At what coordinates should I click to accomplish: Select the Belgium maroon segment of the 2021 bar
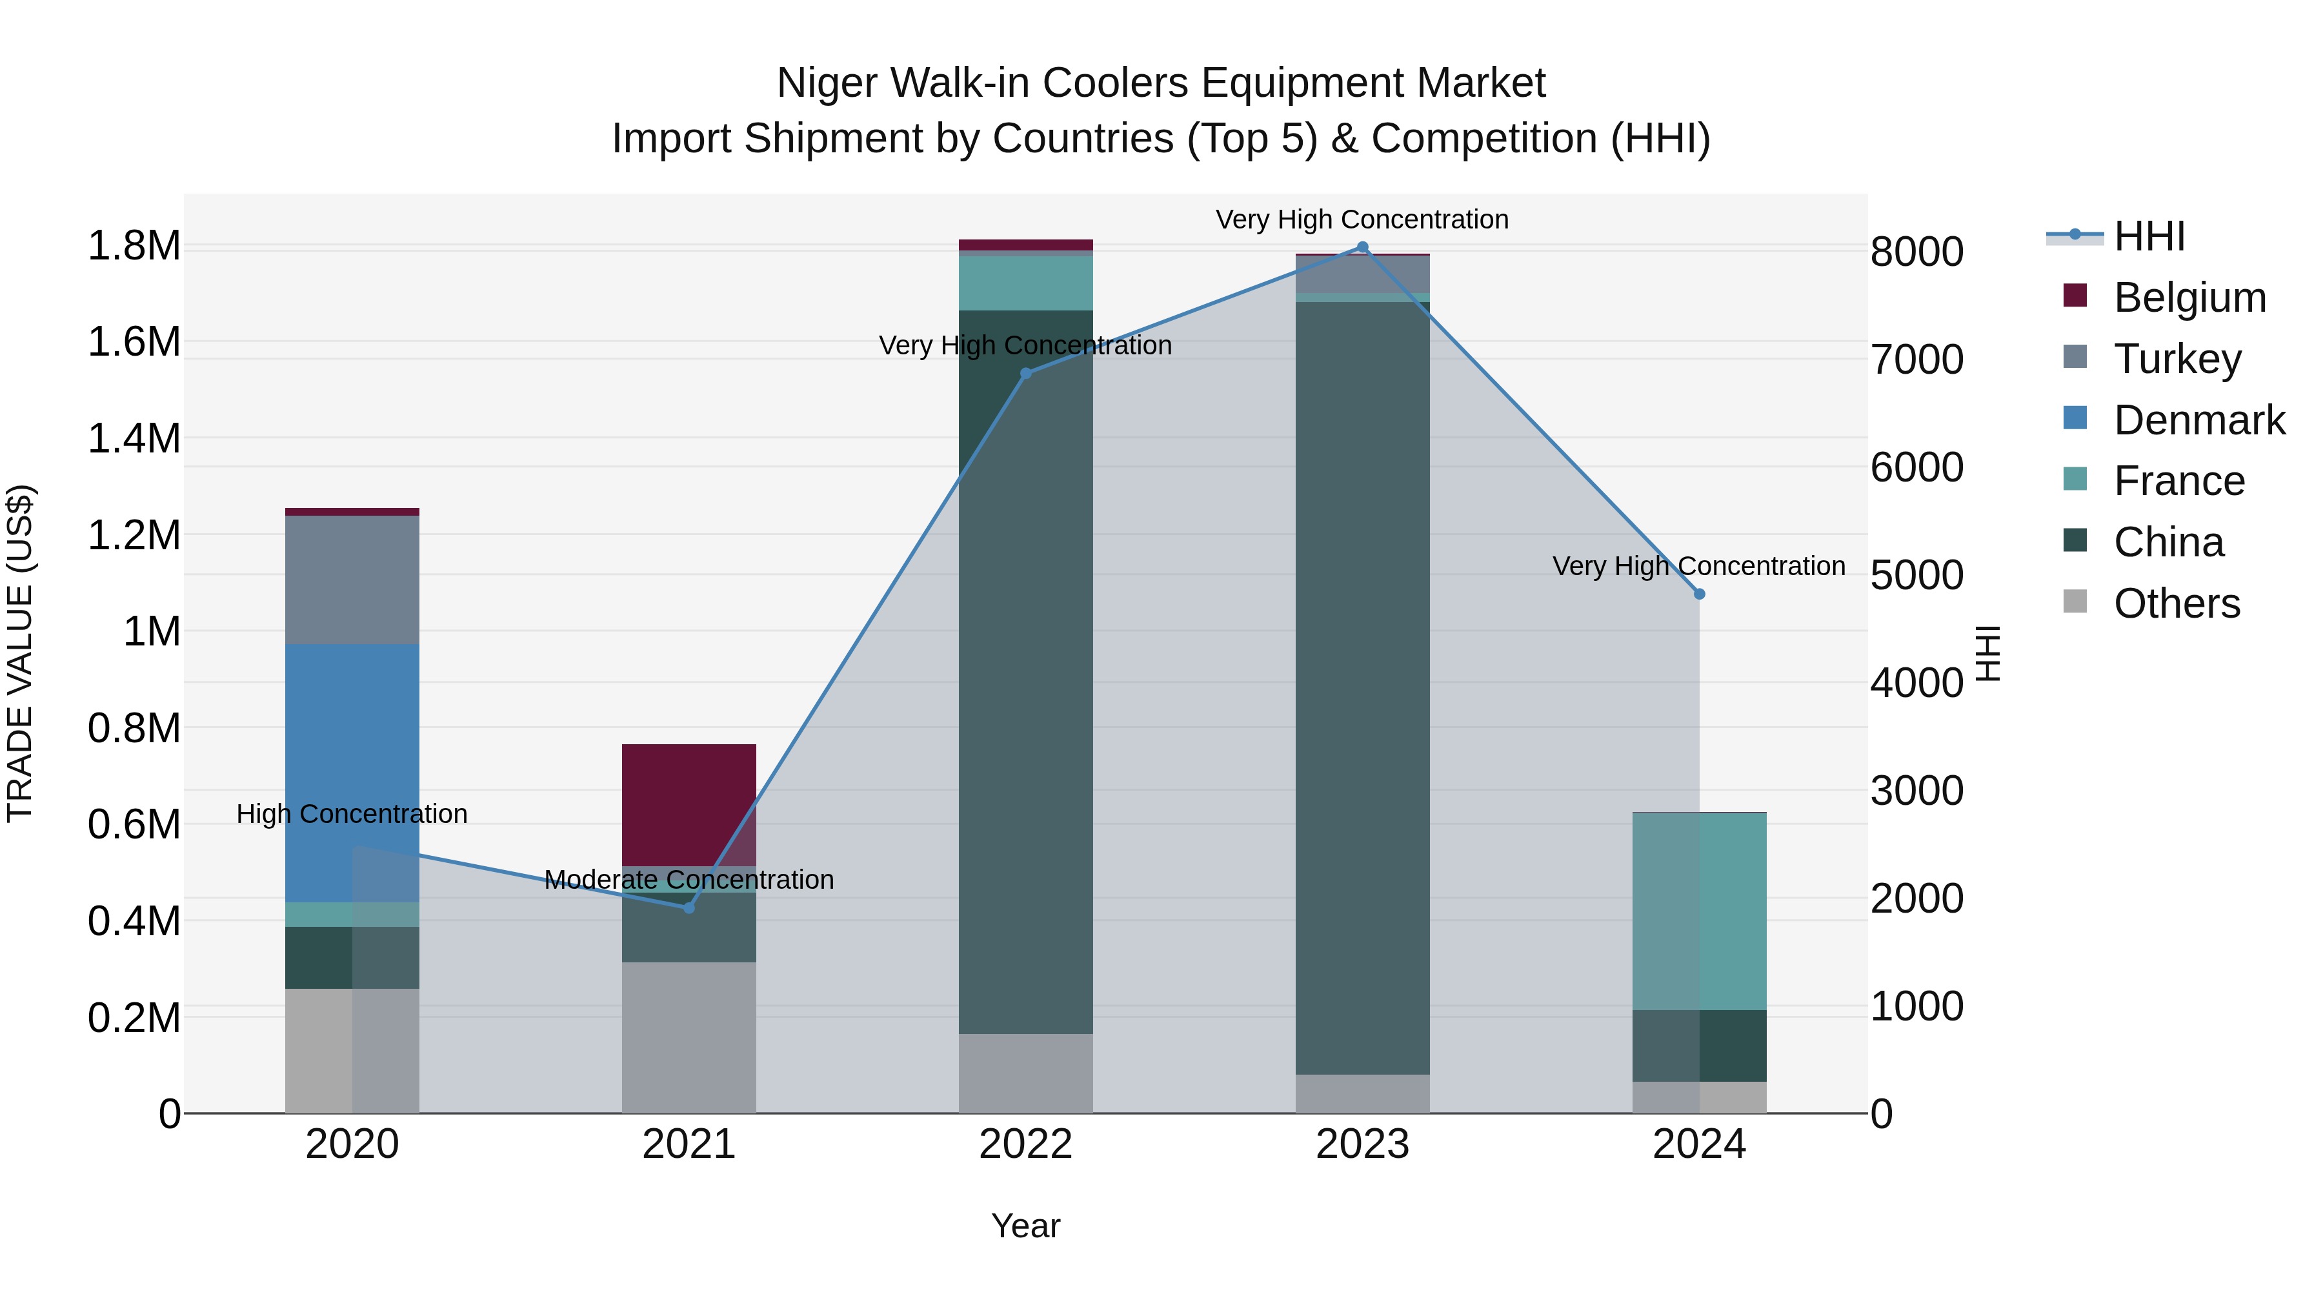689,804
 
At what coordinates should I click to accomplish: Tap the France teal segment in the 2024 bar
1699,910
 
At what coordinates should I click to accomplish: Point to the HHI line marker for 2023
1363,247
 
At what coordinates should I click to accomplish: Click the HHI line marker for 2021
689,907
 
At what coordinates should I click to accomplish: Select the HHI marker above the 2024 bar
1699,594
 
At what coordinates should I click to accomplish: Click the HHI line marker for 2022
1025,374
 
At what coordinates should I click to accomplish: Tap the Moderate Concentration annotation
689,880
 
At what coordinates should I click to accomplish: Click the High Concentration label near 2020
352,814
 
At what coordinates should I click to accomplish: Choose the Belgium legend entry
2189,298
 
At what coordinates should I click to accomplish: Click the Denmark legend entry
2198,420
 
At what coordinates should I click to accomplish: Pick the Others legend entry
2176,603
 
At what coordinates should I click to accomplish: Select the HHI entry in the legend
2148,236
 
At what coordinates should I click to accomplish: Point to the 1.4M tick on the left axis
134,440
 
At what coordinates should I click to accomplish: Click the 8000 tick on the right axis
1916,252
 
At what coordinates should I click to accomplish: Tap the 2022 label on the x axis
1025,1144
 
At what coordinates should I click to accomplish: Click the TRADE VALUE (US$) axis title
20,653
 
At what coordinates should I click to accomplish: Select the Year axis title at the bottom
1025,1226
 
